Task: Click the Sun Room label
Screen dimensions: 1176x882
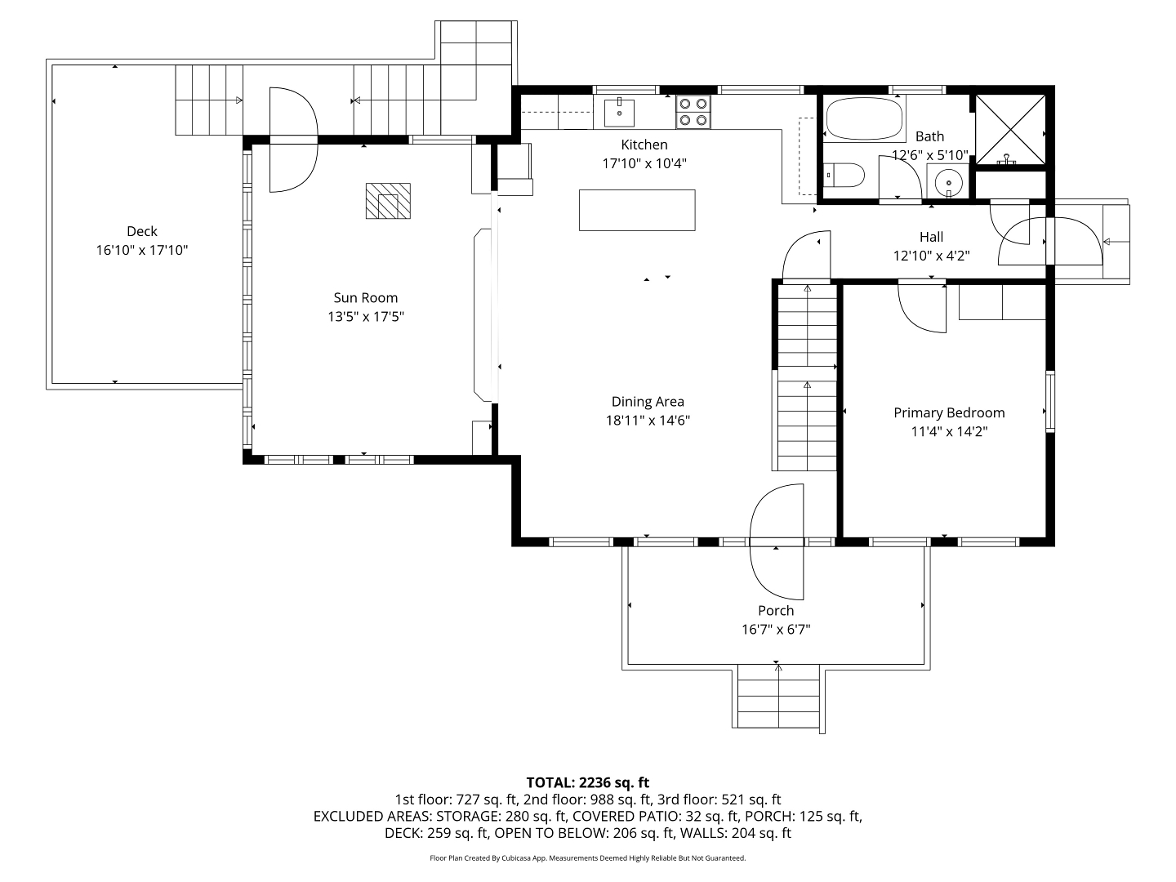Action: click(x=365, y=298)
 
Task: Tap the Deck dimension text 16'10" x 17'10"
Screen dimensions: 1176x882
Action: click(x=142, y=250)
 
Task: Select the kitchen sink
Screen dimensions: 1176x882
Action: click(x=619, y=112)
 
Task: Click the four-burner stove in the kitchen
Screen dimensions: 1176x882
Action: click(x=693, y=111)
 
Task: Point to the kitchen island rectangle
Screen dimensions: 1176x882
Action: click(x=637, y=210)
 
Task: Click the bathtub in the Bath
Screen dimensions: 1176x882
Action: click(x=864, y=119)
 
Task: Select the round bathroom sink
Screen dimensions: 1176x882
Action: click(x=948, y=182)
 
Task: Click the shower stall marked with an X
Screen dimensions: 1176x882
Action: click(x=1010, y=130)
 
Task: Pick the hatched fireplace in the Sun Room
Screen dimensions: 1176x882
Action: click(x=388, y=201)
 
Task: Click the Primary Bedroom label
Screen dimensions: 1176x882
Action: click(x=949, y=413)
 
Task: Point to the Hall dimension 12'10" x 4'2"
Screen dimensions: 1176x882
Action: click(x=931, y=256)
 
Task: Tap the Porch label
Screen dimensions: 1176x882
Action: click(x=776, y=611)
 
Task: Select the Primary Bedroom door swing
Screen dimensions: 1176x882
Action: click(x=921, y=309)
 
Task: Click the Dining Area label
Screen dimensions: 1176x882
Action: click(x=648, y=402)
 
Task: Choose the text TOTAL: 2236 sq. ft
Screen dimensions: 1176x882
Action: click(x=588, y=783)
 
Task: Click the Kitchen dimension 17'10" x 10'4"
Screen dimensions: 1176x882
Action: click(x=644, y=164)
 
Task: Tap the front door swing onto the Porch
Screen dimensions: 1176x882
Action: click(x=777, y=541)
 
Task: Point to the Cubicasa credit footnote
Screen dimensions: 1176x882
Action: click(x=588, y=857)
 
